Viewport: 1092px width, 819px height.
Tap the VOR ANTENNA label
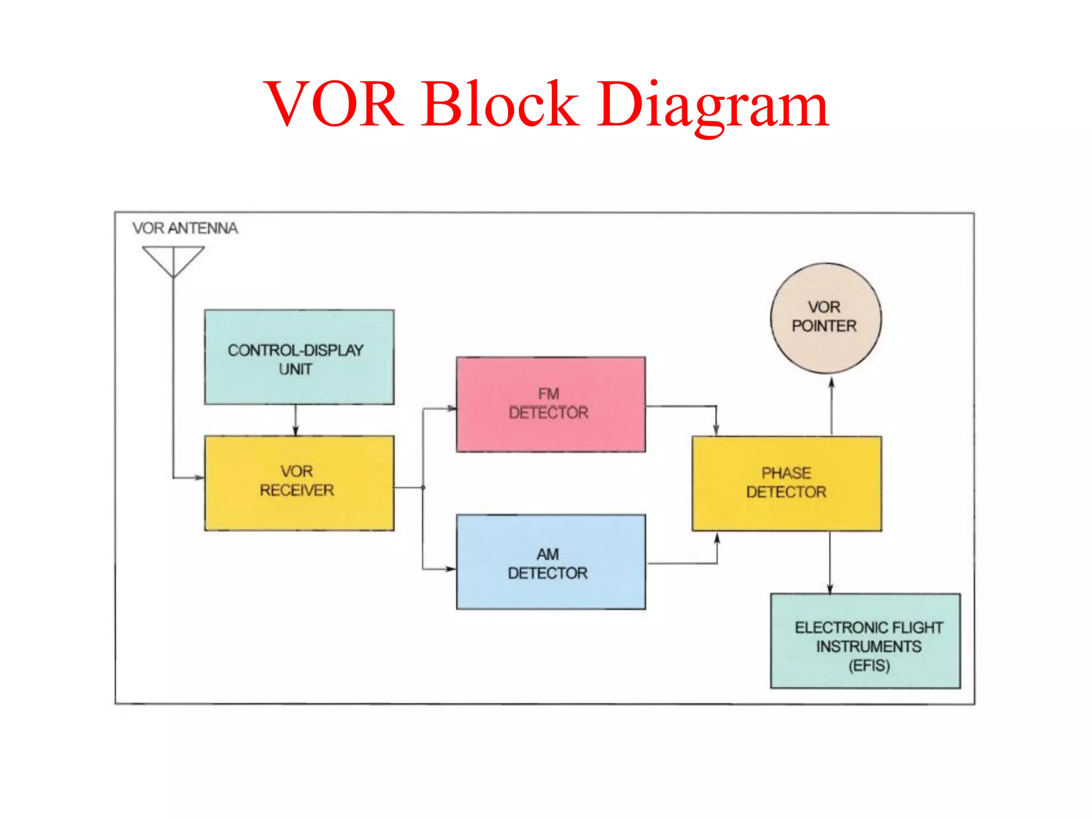pos(185,228)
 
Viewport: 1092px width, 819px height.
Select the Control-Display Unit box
pos(299,357)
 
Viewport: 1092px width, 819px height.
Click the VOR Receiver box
pos(299,483)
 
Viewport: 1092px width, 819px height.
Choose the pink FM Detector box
pos(550,404)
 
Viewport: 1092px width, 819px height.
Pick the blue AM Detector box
pos(550,561)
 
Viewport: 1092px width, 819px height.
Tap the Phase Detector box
pos(786,483)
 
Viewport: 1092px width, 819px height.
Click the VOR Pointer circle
pos(825,318)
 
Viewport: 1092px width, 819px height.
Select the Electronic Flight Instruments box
pos(865,641)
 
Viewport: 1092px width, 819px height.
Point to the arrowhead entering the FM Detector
pos(452,408)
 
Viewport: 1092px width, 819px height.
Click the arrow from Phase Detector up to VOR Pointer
pos(831,405)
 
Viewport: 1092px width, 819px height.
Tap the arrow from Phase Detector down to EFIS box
pos(830,563)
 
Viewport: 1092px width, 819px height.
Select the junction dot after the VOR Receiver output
pos(423,487)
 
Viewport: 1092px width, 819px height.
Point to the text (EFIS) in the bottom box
pos(869,665)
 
